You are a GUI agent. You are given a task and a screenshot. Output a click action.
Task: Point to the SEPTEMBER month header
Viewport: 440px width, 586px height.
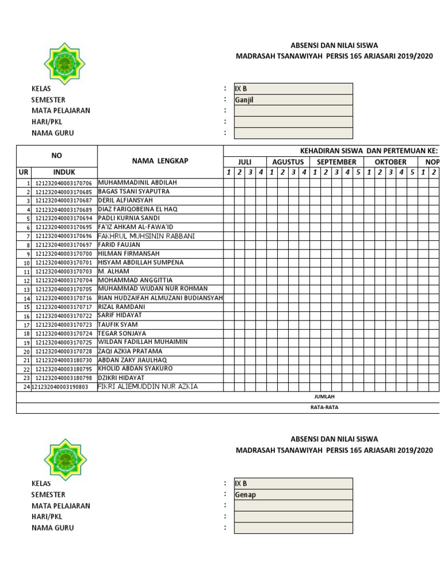pos(336,162)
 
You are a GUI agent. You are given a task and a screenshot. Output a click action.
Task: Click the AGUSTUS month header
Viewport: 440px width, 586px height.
pos(288,162)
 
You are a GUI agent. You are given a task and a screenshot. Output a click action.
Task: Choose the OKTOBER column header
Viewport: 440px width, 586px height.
pos(390,162)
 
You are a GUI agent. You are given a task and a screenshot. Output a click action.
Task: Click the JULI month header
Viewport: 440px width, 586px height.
pos(245,162)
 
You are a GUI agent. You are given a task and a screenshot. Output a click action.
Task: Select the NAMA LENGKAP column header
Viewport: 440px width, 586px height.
pos(160,161)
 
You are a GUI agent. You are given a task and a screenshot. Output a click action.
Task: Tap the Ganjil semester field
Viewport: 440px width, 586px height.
pos(293,100)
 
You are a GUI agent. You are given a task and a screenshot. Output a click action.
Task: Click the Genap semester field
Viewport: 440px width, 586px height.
pos(293,494)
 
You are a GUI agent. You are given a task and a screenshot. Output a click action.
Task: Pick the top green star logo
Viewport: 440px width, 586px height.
pos(65,64)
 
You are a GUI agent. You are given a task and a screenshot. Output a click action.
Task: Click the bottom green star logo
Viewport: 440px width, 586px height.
pos(65,459)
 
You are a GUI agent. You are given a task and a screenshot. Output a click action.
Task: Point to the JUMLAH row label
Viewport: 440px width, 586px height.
pos(324,397)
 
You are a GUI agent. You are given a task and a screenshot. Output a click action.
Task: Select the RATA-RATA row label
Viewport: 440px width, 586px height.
pos(324,408)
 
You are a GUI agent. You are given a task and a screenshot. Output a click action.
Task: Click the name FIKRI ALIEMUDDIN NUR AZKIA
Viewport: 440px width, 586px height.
pos(148,387)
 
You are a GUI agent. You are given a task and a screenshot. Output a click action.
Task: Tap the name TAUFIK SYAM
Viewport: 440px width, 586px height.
pos(118,324)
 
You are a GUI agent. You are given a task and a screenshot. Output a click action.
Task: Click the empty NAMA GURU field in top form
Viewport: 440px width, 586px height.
pos(293,133)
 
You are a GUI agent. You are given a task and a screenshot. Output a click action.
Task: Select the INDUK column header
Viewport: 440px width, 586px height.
pos(64,172)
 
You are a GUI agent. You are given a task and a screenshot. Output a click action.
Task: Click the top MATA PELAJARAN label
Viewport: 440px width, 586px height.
pos(61,110)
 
